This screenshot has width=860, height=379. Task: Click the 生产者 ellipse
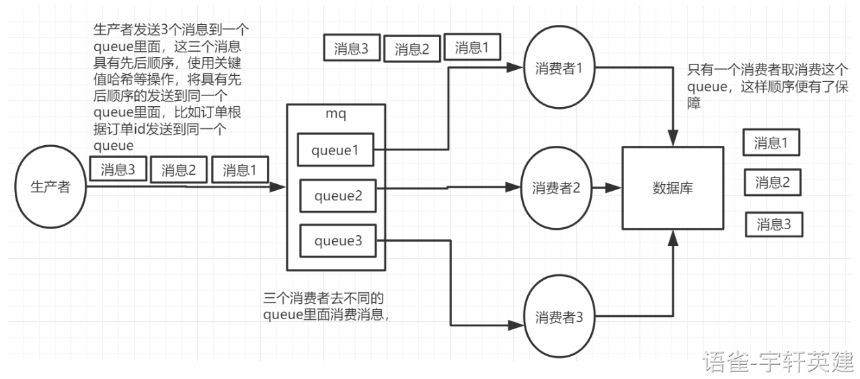click(51, 187)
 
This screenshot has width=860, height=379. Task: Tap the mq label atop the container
click(336, 115)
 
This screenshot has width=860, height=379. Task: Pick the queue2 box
click(338, 196)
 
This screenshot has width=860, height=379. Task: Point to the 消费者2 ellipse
click(555, 187)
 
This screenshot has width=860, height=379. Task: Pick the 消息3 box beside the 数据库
click(774, 224)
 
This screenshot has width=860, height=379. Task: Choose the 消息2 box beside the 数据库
click(773, 182)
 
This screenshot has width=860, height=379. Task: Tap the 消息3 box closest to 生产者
click(118, 169)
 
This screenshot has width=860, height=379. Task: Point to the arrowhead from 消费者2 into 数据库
click(614, 188)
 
